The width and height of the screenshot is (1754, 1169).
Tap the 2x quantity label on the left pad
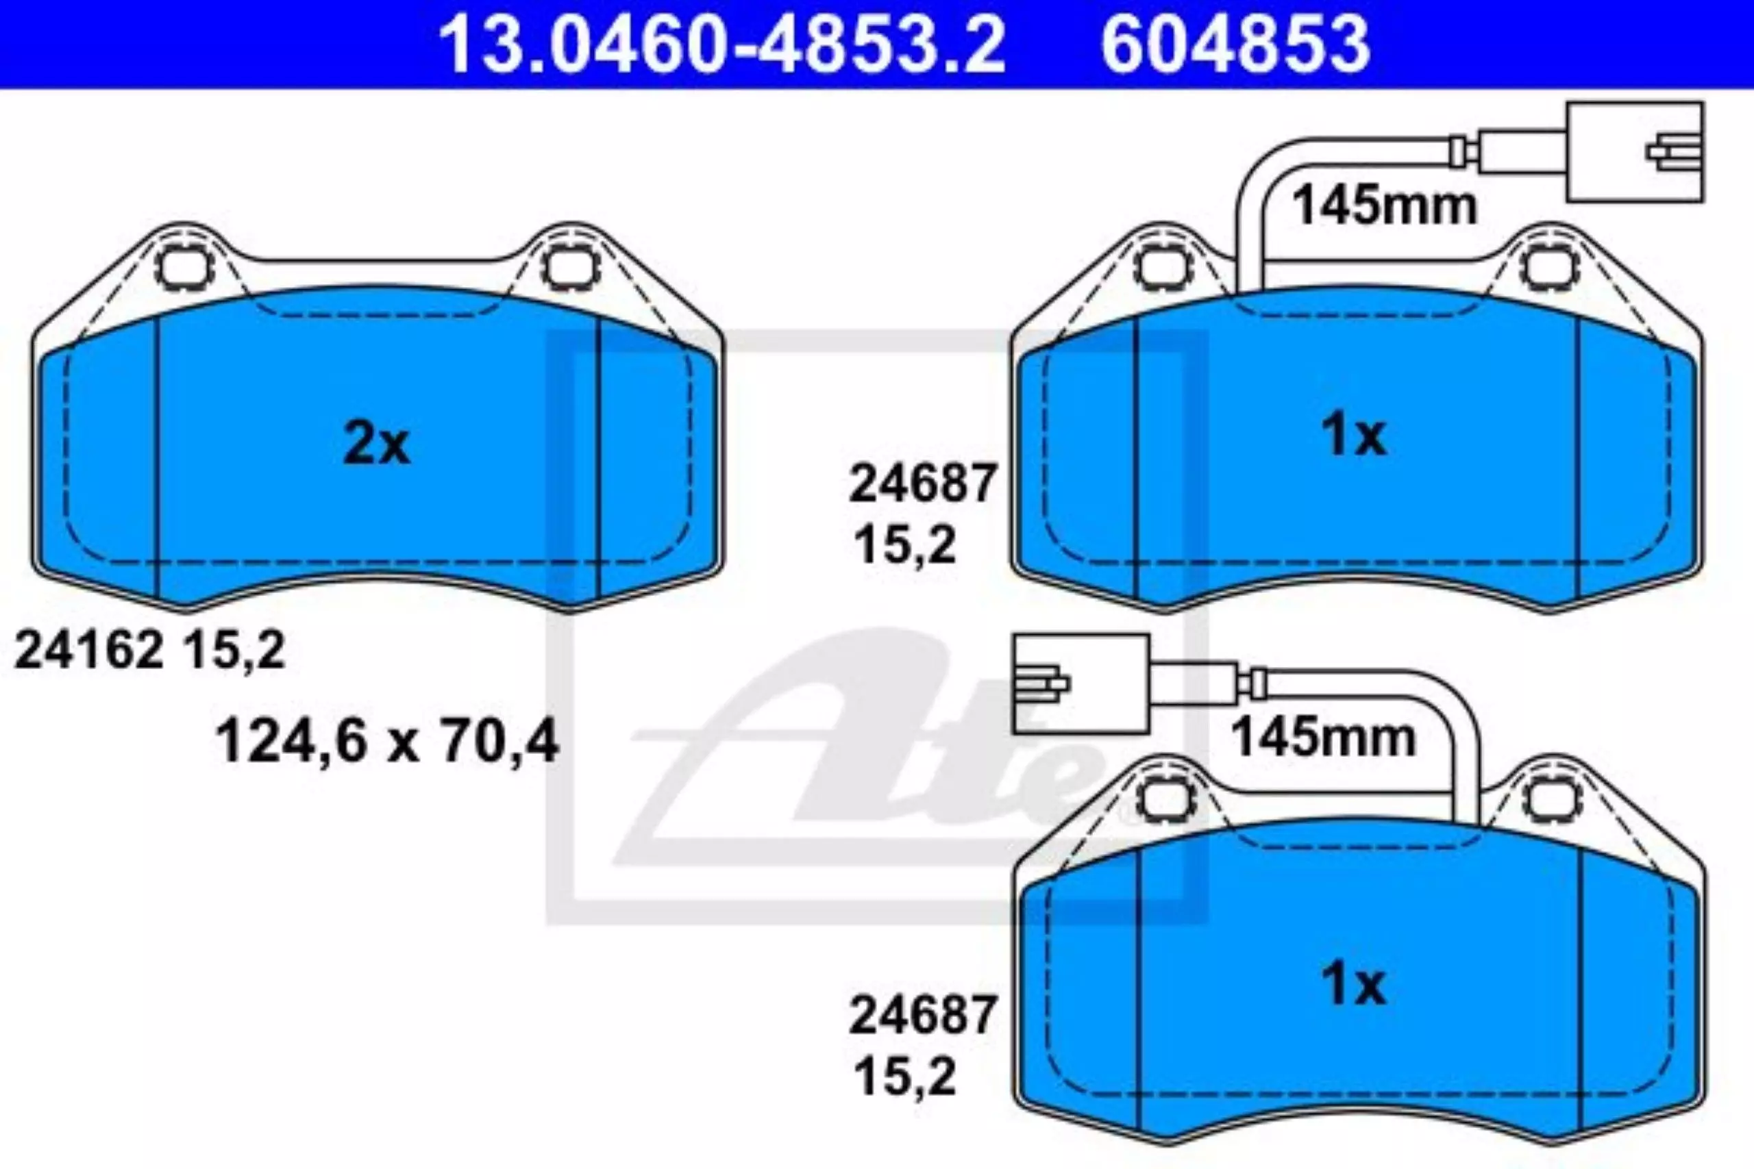pos(377,445)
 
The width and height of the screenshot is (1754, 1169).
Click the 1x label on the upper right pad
pos(1355,436)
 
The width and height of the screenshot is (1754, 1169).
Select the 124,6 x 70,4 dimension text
pos(387,742)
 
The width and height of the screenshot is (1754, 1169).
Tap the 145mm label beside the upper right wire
pos(1385,205)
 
